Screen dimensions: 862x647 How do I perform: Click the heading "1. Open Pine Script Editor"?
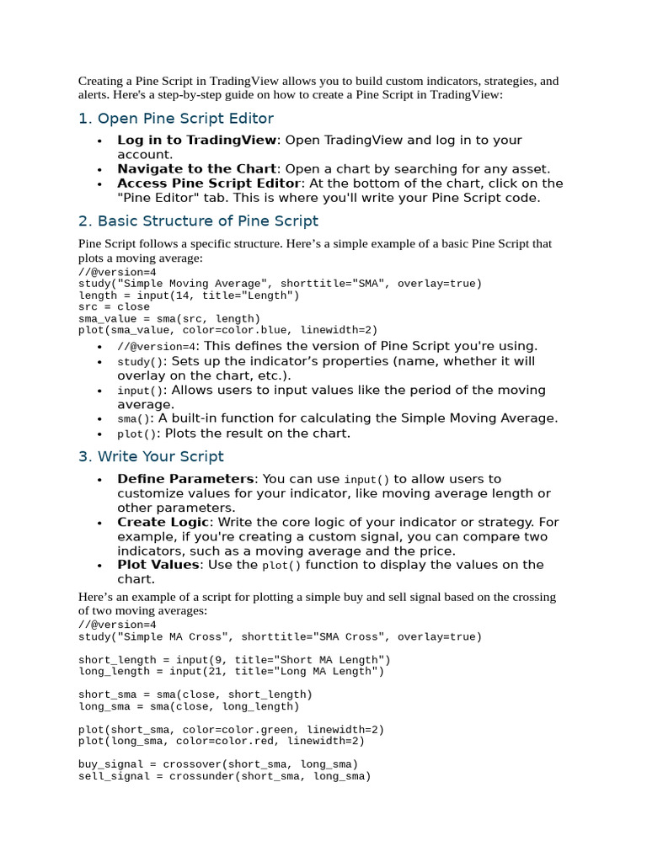pos(176,119)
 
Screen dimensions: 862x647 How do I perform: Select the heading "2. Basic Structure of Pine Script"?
pos(198,221)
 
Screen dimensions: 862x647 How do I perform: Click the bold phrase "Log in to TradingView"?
pos(196,141)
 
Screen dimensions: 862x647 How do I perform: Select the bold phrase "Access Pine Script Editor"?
pos(208,184)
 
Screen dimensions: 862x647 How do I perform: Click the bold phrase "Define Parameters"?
pos(185,479)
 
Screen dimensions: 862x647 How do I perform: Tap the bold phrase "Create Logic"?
pos(163,522)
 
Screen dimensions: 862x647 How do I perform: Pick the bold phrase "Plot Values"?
pos(158,565)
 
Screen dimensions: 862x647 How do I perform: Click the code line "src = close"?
pos(114,307)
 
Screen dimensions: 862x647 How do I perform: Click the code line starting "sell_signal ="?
pos(224,776)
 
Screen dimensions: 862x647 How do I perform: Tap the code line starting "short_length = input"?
pos(234,660)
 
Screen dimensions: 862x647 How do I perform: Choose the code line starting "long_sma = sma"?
pos(189,707)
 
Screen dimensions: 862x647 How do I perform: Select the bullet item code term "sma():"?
pos(136,419)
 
